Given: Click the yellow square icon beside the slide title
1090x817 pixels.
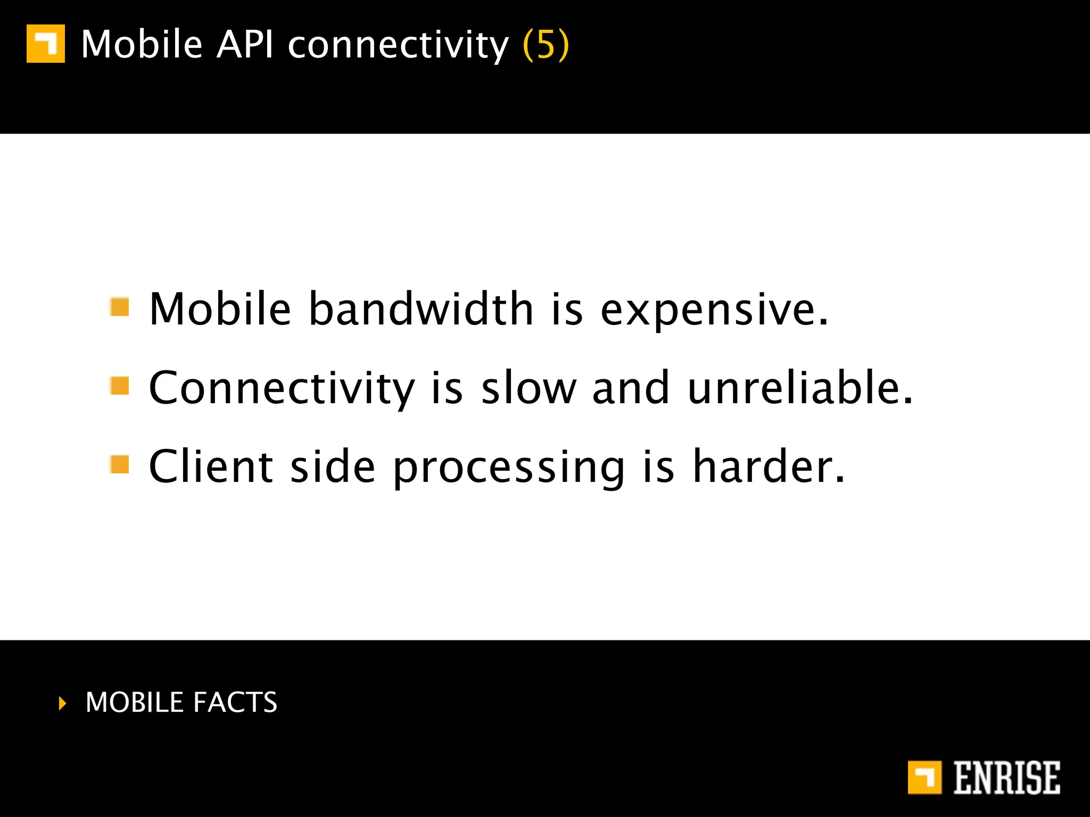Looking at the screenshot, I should tap(46, 44).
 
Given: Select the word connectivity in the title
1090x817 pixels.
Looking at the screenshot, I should tap(398, 46).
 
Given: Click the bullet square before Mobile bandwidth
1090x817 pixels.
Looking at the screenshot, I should tap(120, 307).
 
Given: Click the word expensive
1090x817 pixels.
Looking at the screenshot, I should tap(713, 311).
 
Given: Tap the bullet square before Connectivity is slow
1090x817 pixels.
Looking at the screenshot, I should tap(120, 386).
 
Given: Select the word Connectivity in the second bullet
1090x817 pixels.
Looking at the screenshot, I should tap(282, 388).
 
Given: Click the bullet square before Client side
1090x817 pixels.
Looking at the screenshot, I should tap(120, 464).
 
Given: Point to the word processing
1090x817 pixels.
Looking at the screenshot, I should tap(509, 468).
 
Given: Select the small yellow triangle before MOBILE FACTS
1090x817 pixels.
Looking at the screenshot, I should tap(63, 703).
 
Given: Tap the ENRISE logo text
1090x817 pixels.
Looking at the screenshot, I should tap(1006, 778).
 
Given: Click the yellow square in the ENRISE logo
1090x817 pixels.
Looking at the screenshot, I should tap(924, 778).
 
